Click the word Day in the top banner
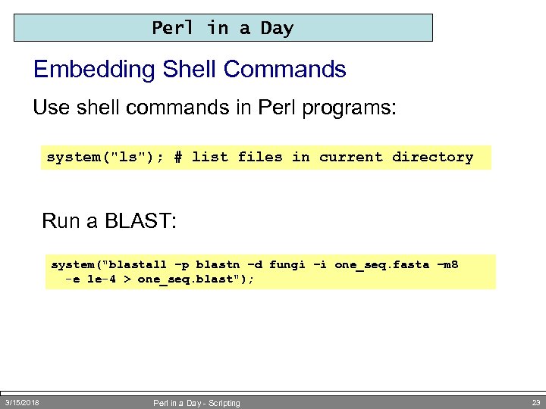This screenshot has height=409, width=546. (x=277, y=28)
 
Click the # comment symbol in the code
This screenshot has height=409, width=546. (x=177, y=157)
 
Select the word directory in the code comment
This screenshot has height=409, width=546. (x=432, y=157)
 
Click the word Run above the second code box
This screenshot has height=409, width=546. (x=59, y=221)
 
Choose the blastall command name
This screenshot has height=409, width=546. (x=138, y=264)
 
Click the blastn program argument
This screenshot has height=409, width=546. (x=216, y=264)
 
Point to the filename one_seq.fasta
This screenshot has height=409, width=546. (x=377, y=264)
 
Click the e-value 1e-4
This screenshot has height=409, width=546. (x=101, y=279)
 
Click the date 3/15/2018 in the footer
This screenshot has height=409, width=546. (x=22, y=402)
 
